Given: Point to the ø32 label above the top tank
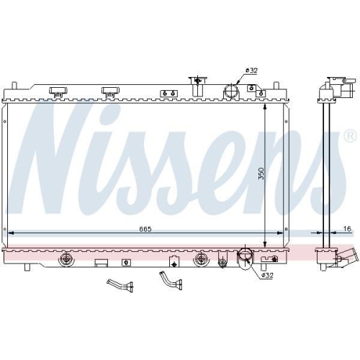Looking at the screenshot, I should (x=251, y=70).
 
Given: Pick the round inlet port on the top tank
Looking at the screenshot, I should (x=232, y=91).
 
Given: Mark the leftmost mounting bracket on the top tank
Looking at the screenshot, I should (x=58, y=91).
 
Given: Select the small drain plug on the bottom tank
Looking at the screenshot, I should (x=174, y=261).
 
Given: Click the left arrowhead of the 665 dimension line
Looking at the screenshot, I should (x=9, y=233).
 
